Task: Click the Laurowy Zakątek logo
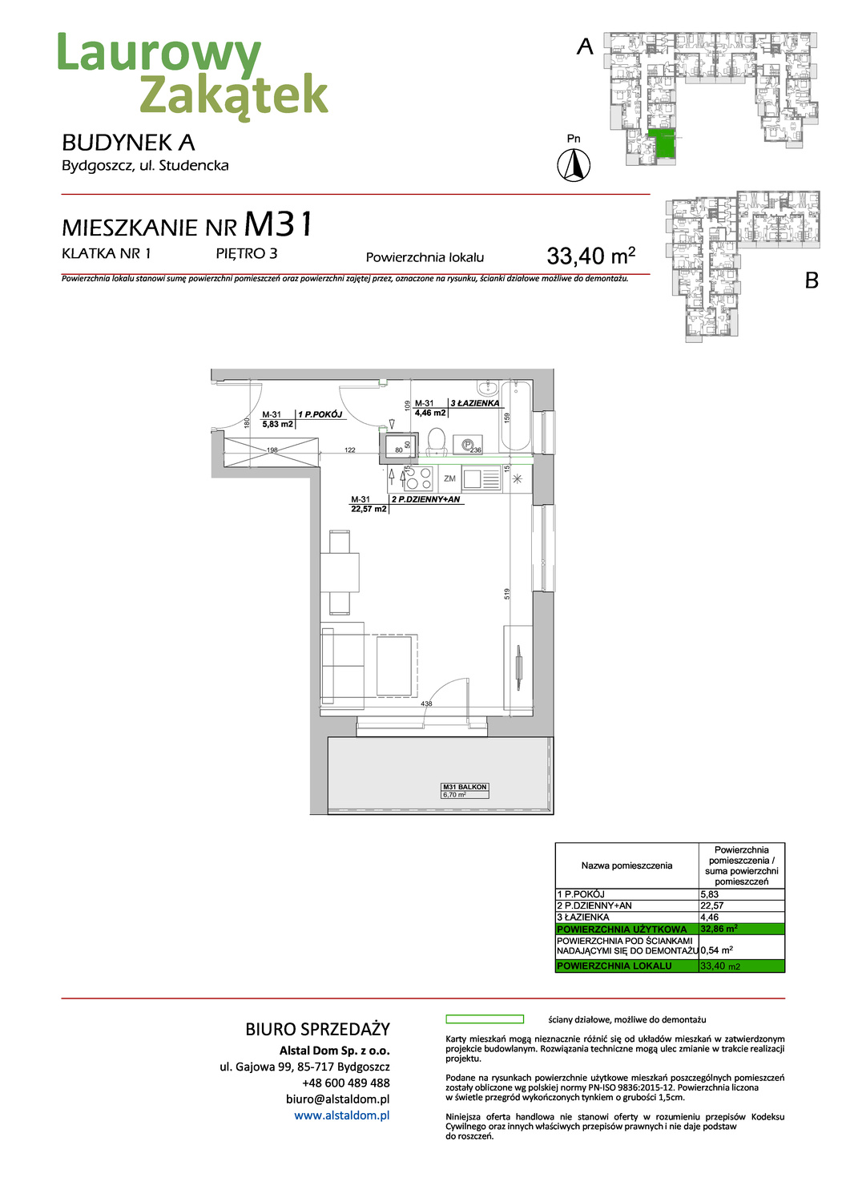tap(192, 74)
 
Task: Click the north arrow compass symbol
tap(574, 165)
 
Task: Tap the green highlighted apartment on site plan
tap(662, 143)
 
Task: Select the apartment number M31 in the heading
tap(278, 225)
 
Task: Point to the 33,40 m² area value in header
tap(590, 256)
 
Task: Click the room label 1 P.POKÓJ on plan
tap(320, 414)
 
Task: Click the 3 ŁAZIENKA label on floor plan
tap(474, 403)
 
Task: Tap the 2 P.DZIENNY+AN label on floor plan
tap(425, 499)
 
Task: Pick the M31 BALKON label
tap(465, 787)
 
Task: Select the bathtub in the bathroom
tap(517, 417)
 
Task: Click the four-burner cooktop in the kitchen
tap(418, 478)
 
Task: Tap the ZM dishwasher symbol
tap(449, 478)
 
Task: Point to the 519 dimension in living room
tap(507, 594)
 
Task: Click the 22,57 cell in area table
tap(712, 906)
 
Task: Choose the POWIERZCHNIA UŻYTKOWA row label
tap(622, 929)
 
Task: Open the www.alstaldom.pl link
tap(341, 1115)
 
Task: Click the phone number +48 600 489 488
tap(345, 1083)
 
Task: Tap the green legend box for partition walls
tap(484, 1019)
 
